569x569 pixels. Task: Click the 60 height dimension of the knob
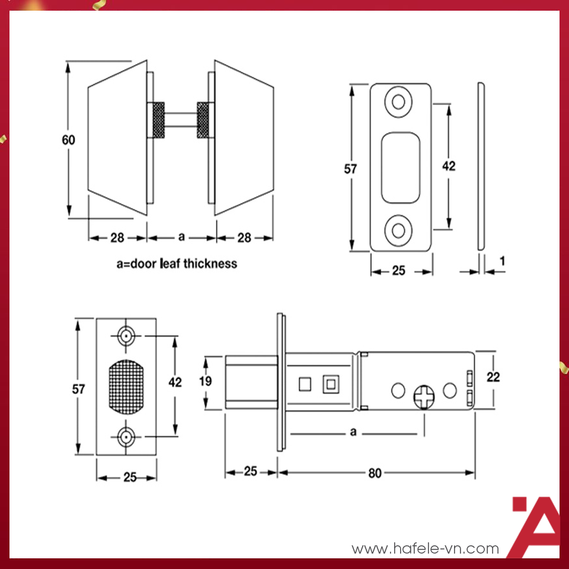pyautogui.click(x=69, y=140)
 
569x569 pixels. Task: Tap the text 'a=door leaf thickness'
pyautogui.click(x=177, y=263)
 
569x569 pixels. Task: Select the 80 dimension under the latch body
pyautogui.click(x=375, y=472)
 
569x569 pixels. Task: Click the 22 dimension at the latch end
pyautogui.click(x=493, y=376)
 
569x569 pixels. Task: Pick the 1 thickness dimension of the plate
pyautogui.click(x=502, y=260)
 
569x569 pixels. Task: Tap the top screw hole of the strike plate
pyautogui.click(x=398, y=101)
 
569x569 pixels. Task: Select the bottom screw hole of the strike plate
pyautogui.click(x=398, y=231)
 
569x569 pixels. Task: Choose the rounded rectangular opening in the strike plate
pyautogui.click(x=401, y=167)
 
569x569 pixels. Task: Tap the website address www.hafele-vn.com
pyautogui.click(x=425, y=549)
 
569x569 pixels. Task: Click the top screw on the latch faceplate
pyautogui.click(x=126, y=336)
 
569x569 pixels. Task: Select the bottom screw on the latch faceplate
pyautogui.click(x=126, y=438)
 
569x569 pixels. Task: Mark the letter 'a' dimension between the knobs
pyautogui.click(x=182, y=237)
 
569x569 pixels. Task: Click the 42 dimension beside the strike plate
pyautogui.click(x=449, y=166)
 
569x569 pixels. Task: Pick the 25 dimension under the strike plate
pyautogui.click(x=399, y=270)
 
